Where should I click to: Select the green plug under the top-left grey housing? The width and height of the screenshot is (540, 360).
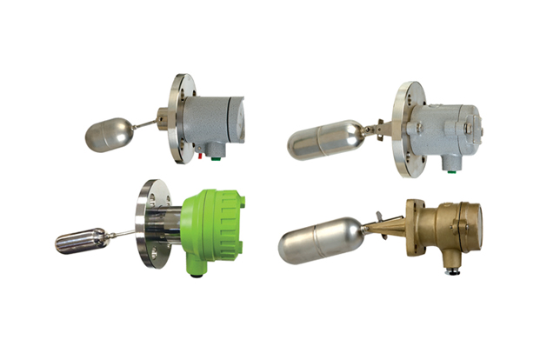(215, 158)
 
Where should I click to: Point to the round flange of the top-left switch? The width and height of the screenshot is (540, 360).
(181, 117)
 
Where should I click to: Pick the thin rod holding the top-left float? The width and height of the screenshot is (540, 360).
(145, 126)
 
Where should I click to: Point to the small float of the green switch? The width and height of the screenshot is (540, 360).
(80, 241)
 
